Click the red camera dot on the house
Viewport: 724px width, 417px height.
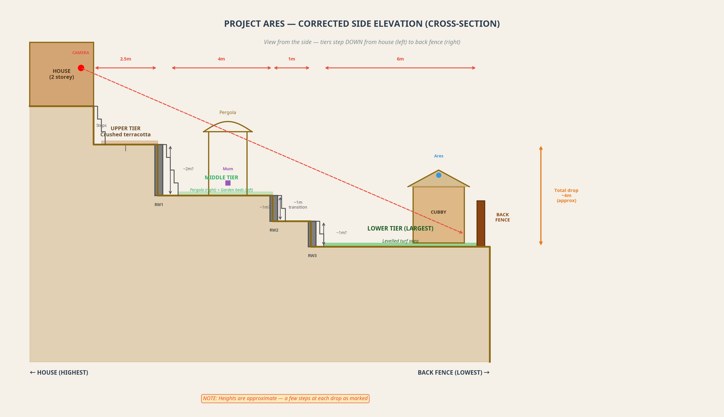click(81, 68)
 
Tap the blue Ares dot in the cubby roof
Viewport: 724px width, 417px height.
click(438, 175)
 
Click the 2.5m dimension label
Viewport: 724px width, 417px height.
click(125, 59)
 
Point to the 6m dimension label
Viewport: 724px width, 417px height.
click(400, 59)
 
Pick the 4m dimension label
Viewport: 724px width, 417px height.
click(221, 59)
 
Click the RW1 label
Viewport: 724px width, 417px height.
click(159, 205)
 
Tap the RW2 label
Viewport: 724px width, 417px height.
click(274, 230)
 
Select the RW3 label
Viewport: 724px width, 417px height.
click(312, 256)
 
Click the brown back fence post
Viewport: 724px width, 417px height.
click(481, 223)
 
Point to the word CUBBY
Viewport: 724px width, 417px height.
click(438, 212)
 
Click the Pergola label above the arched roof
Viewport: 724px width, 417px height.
click(228, 113)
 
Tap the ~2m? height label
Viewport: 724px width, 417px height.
click(188, 169)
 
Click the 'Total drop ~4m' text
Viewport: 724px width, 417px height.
click(566, 195)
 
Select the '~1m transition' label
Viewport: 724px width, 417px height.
click(298, 205)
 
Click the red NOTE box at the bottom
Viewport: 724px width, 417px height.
click(285, 398)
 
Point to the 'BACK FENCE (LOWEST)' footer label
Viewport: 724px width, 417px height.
click(453, 373)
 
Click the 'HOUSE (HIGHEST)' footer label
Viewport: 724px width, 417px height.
click(59, 373)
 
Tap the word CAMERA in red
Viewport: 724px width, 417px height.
click(81, 53)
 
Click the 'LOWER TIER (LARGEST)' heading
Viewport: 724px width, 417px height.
click(400, 229)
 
